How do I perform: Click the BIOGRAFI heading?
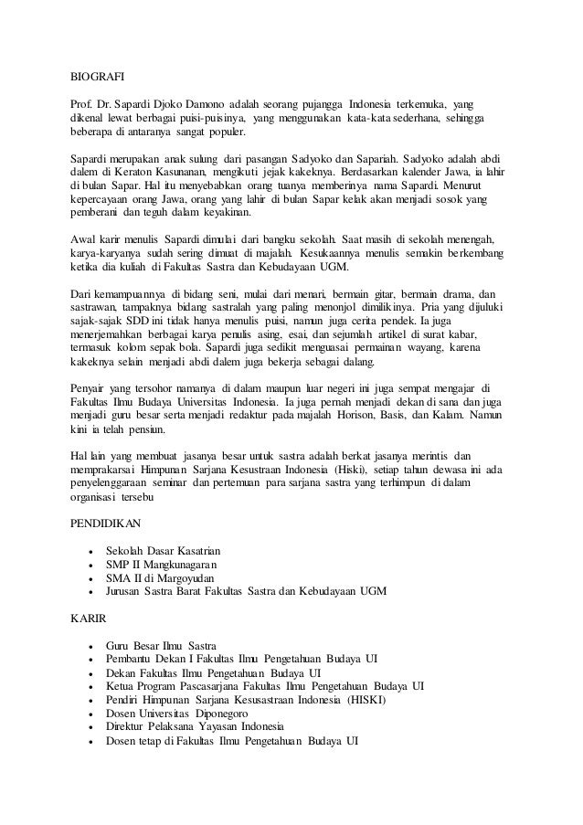coord(98,79)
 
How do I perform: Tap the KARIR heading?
coord(89,618)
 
